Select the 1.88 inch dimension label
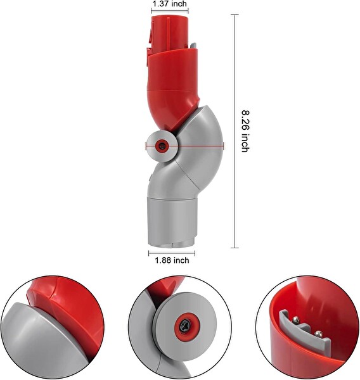click(171, 260)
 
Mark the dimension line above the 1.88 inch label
click(171, 251)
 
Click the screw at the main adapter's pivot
click(162, 145)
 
